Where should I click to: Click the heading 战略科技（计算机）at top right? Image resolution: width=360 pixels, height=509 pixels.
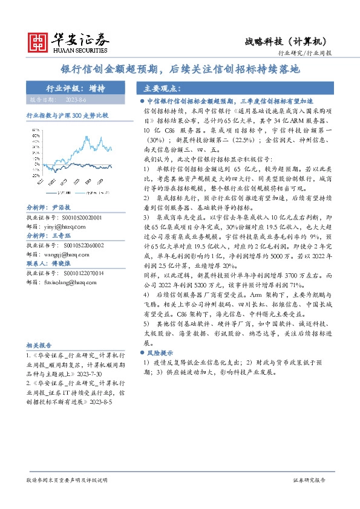(x=286, y=41)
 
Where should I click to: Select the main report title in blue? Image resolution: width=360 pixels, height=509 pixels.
(x=180, y=70)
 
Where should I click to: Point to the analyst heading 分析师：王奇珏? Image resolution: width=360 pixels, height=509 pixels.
(x=49, y=236)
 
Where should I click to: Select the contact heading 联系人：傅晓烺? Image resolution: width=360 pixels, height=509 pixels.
(x=49, y=265)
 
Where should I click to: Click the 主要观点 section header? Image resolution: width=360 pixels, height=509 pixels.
(x=156, y=88)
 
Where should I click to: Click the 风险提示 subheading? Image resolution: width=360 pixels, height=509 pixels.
(x=160, y=352)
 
